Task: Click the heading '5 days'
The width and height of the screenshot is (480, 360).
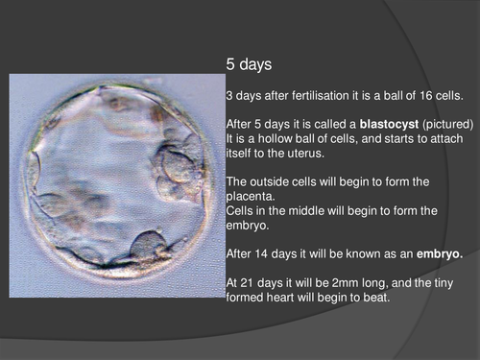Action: tap(249, 66)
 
